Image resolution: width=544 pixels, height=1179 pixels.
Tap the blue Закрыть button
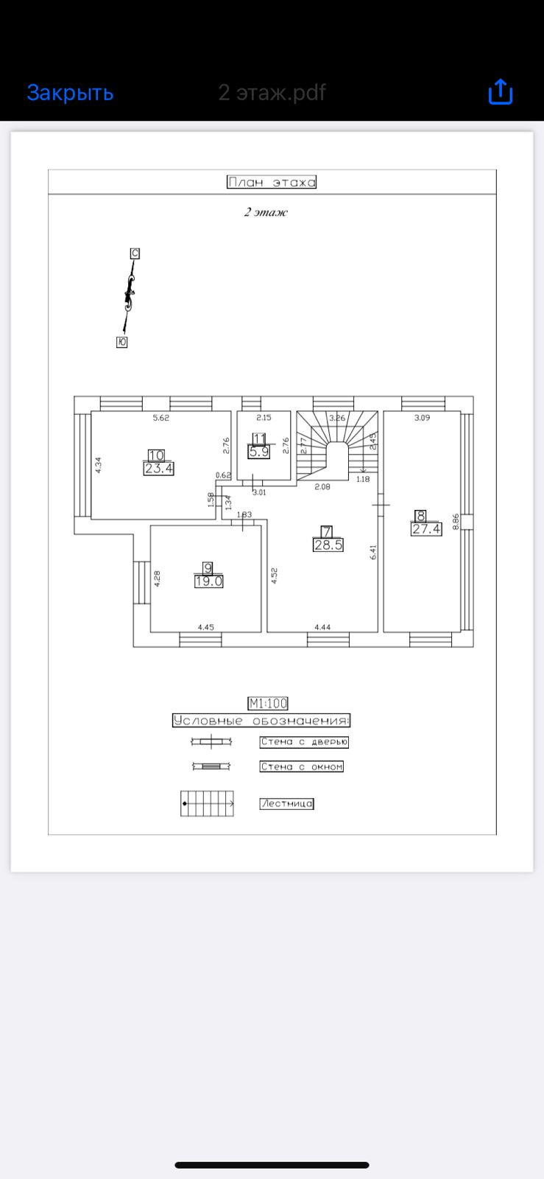pos(70,93)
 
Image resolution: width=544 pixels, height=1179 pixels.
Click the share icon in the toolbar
pos(500,92)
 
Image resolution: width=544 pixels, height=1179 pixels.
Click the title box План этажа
pos(272,182)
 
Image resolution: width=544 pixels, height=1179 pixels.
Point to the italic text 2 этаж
pos(266,212)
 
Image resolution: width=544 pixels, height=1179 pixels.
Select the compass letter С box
pos(135,253)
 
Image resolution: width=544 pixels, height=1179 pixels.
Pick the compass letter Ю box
pos(122,342)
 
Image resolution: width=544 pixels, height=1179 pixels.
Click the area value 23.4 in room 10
pos(159,468)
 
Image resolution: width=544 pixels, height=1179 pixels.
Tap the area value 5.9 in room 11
pos(259,452)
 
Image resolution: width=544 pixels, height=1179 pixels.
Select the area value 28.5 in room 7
pos(328,545)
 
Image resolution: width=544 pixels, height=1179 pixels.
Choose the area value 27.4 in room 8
pos(426,528)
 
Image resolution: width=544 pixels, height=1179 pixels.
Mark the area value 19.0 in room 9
pos(208,581)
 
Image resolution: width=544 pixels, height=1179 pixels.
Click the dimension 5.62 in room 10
pos(160,418)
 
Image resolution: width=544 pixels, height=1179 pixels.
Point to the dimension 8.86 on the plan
pos(456,521)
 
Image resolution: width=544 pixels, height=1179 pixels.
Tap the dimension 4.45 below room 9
pos(205,627)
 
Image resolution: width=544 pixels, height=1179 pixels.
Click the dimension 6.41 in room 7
pos(373,552)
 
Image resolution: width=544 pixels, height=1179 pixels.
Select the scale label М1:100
pos(268,704)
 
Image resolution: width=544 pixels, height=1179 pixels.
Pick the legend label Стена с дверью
pos(304,742)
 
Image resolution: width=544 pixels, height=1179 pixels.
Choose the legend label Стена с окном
pos(302,766)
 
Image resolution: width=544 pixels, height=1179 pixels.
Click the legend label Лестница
pos(286,804)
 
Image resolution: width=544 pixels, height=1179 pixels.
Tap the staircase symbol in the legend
pos(208,803)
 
